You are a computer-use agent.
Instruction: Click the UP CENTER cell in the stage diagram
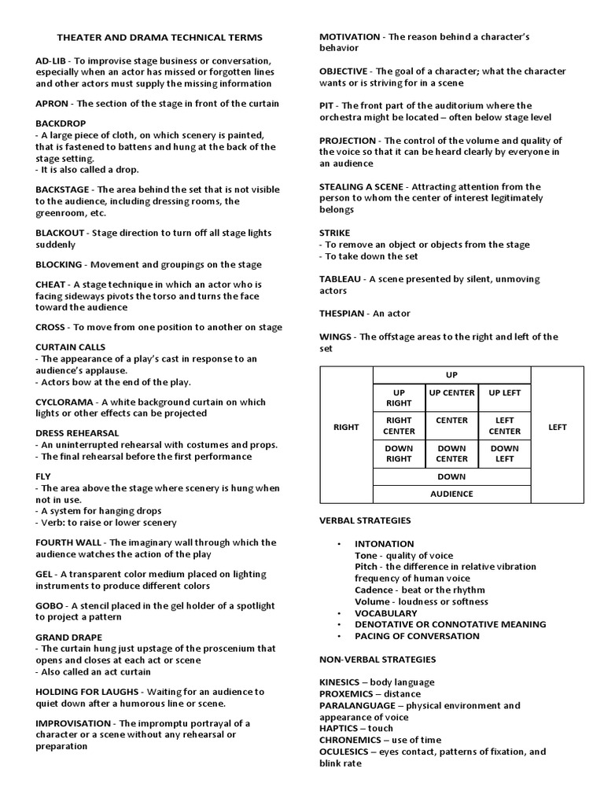(451, 392)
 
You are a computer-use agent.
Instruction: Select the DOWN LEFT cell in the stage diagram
(504, 454)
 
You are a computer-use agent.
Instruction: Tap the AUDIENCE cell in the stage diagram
(451, 494)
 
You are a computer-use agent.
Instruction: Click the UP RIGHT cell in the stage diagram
(398, 398)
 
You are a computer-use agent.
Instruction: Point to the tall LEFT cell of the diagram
(557, 428)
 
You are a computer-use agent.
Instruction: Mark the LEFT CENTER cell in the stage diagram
(504, 425)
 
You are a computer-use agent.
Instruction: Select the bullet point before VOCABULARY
(339, 613)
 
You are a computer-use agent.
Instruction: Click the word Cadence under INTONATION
(374, 590)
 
